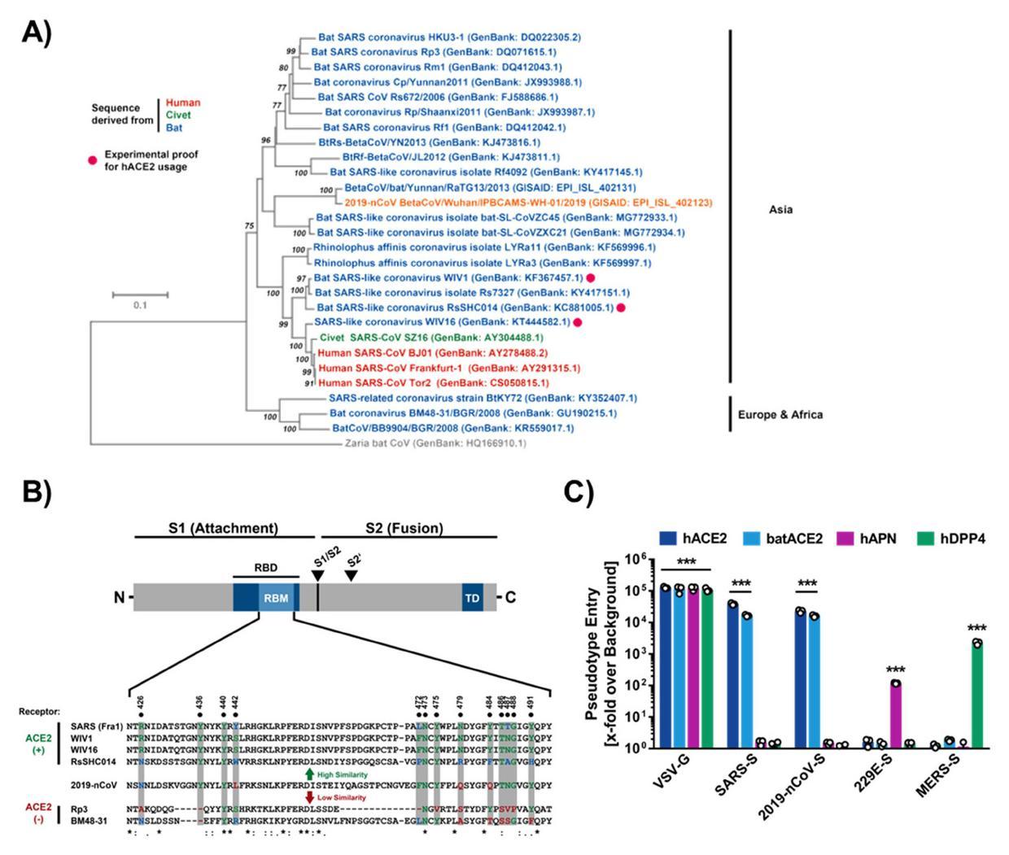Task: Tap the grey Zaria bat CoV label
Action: pos(435,444)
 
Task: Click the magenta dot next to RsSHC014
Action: pos(621,308)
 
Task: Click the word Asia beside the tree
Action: pos(780,210)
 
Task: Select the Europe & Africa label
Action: pos(780,415)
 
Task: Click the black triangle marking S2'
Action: pos(351,576)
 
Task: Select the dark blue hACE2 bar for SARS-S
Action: pos(733,676)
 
